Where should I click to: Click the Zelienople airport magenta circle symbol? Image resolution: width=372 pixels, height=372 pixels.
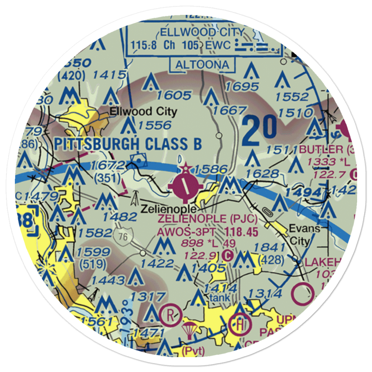pos(185,185)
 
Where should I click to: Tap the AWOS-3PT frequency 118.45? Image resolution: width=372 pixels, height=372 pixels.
pos(241,232)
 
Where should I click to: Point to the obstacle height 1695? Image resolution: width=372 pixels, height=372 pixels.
pos(242,87)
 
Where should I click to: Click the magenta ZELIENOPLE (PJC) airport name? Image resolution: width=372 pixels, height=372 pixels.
pos(207,218)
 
